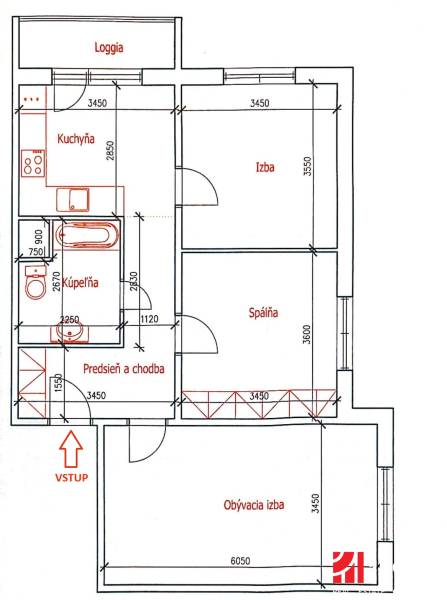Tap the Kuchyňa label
pyautogui.click(x=76, y=139)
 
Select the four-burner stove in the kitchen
pyautogui.click(x=33, y=162)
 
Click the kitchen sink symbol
pyautogui.click(x=74, y=198)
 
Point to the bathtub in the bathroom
pyautogui.click(x=88, y=236)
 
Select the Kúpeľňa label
pyautogui.click(x=81, y=284)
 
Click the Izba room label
pyautogui.click(x=264, y=168)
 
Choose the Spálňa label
pyautogui.click(x=263, y=313)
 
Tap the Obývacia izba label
pyautogui.click(x=254, y=506)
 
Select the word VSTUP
pyautogui.click(x=70, y=478)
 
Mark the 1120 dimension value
pyautogui.click(x=151, y=320)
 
